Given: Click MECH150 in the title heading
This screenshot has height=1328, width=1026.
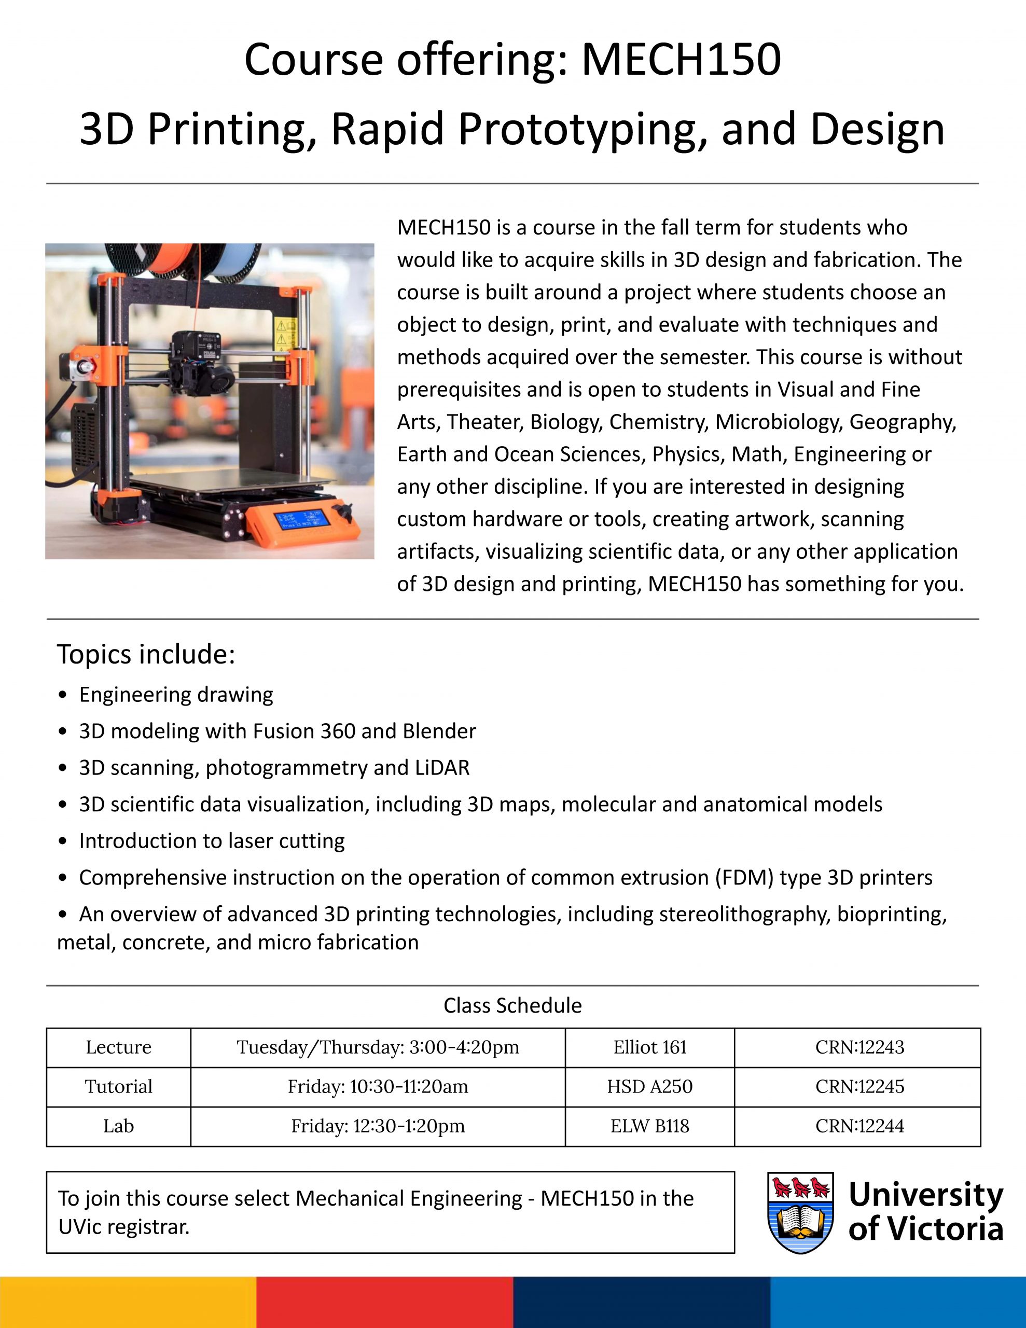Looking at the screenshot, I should coord(681,60).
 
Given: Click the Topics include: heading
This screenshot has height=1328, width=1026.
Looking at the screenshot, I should coord(146,654).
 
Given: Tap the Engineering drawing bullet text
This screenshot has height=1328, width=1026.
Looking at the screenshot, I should coord(176,695).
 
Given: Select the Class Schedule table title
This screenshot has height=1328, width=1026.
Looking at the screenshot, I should coord(512,1006).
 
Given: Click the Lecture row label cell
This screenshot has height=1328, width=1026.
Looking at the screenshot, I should coord(119,1047).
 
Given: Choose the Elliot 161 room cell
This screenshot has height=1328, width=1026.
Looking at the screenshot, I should coord(649,1047).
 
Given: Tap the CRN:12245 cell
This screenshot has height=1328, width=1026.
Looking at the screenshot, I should coord(859,1087).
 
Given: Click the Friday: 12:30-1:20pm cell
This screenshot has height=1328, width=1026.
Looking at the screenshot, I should coord(378,1126).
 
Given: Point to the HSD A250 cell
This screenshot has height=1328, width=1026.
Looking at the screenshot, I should coord(649,1087).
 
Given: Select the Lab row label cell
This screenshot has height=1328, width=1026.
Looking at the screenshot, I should coord(119,1126).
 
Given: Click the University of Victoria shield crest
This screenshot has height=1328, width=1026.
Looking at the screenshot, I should coord(800,1212).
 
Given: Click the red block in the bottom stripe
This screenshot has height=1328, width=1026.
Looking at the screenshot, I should coord(384,1302).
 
